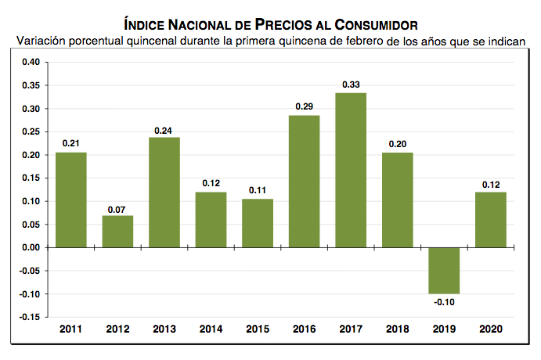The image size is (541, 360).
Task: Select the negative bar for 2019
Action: (444, 270)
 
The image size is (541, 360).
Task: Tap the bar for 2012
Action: (117, 231)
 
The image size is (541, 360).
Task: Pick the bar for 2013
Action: (164, 192)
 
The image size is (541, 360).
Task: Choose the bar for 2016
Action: (304, 181)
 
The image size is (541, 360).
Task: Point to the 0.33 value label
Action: (351, 85)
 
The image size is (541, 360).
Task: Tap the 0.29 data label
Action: (304, 106)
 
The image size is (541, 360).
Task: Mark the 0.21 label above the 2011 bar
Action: (70, 142)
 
